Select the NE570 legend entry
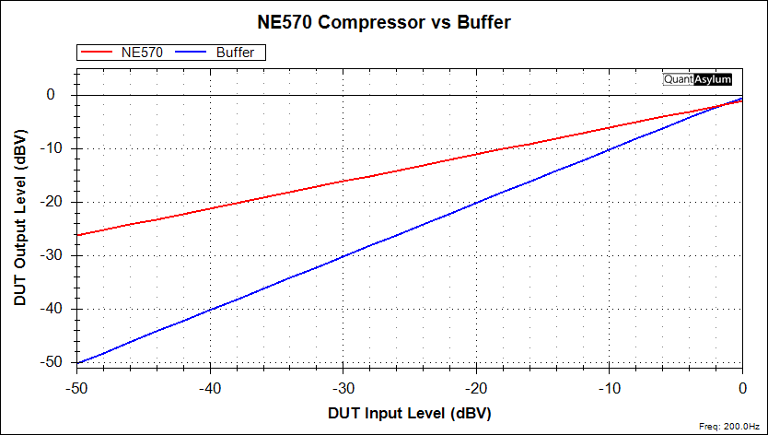coord(141,53)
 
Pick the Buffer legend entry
coord(235,53)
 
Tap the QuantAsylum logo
coord(697,79)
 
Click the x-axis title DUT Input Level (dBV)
coord(409,414)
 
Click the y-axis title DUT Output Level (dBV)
coord(20,217)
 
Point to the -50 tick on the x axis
coord(78,388)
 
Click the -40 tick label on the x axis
coord(211,388)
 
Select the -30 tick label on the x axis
coord(343,388)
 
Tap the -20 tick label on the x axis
coord(476,388)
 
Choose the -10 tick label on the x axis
coord(609,388)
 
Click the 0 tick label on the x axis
coord(742,388)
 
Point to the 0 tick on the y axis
coord(52,95)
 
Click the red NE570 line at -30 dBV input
coord(343,181)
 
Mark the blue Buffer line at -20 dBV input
coord(476,203)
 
